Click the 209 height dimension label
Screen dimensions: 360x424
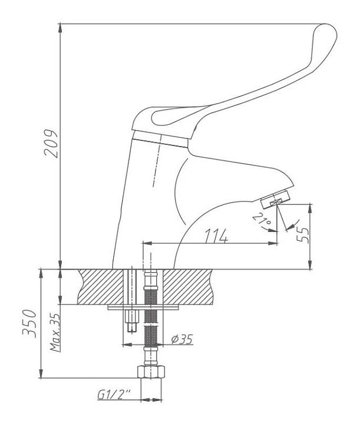(x=51, y=143)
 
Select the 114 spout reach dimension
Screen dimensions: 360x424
(x=216, y=236)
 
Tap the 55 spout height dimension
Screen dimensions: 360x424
(x=303, y=234)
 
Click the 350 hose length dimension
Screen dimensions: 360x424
(x=29, y=323)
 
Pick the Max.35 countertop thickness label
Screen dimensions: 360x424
(x=55, y=332)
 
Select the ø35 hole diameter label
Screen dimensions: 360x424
(x=182, y=339)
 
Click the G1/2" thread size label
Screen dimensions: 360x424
(x=114, y=395)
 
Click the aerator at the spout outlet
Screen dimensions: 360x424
(x=275, y=200)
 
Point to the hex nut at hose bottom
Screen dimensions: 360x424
(x=151, y=372)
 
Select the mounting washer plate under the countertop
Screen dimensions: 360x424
(x=144, y=307)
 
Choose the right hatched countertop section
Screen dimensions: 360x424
(x=189, y=286)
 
